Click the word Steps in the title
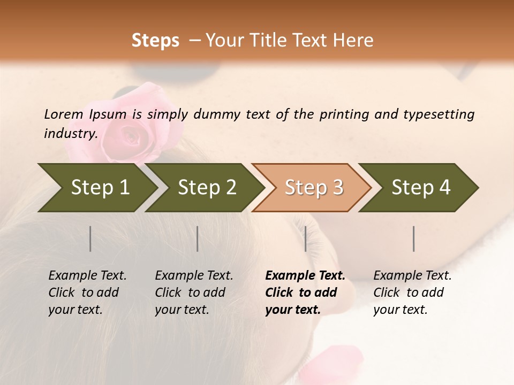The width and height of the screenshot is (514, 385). pyautogui.click(x=155, y=41)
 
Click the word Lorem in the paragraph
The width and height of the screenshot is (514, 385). pyautogui.click(x=64, y=114)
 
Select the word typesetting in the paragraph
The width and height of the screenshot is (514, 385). pyautogui.click(x=439, y=114)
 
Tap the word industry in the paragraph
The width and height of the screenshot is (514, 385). pyautogui.click(x=70, y=134)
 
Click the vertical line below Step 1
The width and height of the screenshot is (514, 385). pyautogui.click(x=90, y=238)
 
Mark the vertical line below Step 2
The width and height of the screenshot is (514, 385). pyautogui.click(x=198, y=238)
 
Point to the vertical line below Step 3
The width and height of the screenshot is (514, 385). pyautogui.click(x=305, y=238)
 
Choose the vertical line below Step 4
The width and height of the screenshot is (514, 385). pyautogui.click(x=413, y=238)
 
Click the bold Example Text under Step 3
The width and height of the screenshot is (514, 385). pyautogui.click(x=305, y=276)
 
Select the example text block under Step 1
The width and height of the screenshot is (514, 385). pyautogui.click(x=87, y=292)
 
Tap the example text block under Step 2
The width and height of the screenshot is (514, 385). pyautogui.click(x=194, y=292)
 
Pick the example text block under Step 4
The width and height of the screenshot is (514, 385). pyautogui.click(x=412, y=292)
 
